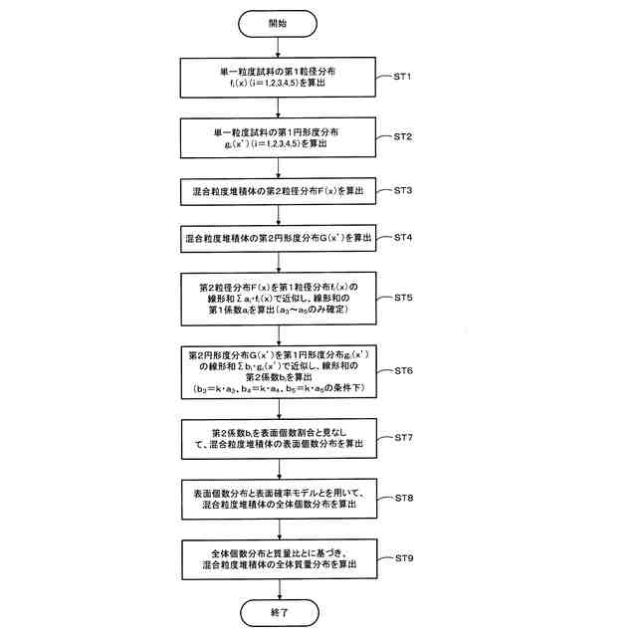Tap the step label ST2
coord(404,134)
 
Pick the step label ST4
coord(404,238)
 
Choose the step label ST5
coord(404,297)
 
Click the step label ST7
coord(404,437)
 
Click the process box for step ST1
coord(279,78)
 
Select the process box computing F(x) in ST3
coord(279,189)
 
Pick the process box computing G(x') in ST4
coord(279,240)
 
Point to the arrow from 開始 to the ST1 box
coord(280,47)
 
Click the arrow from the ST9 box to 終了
coord(280,584)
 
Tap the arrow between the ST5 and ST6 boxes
coord(280,333)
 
